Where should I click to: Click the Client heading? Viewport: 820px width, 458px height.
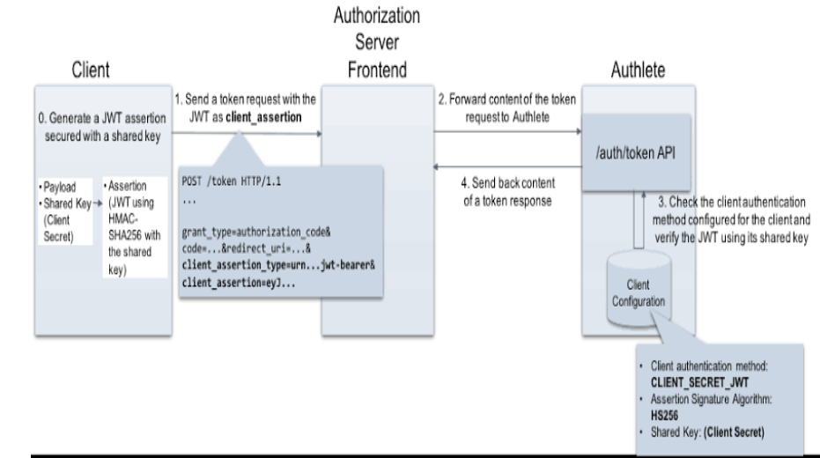point(91,70)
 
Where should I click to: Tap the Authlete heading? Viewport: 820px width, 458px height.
point(638,70)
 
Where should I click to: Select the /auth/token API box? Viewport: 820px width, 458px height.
point(636,152)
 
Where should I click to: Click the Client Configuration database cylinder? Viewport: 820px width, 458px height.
point(639,289)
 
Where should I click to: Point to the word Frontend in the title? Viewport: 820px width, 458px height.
point(377,70)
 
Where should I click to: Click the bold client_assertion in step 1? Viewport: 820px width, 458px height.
point(263,117)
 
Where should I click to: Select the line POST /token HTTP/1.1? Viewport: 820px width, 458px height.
point(231,181)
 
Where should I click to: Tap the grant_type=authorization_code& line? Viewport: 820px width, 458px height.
point(256,232)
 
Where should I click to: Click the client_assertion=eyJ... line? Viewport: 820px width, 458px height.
point(239,283)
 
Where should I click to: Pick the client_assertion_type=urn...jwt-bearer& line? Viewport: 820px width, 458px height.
point(278,265)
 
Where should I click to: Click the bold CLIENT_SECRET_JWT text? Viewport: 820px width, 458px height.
point(699,383)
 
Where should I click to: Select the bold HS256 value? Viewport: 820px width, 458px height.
point(664,416)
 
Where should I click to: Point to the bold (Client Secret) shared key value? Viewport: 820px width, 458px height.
point(734,432)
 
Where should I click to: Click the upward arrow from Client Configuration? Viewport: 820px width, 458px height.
point(639,219)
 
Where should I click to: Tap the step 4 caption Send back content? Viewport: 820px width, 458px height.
point(508,183)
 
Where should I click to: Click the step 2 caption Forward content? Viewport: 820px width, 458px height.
point(506,100)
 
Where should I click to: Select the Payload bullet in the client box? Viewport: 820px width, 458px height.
point(59,188)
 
